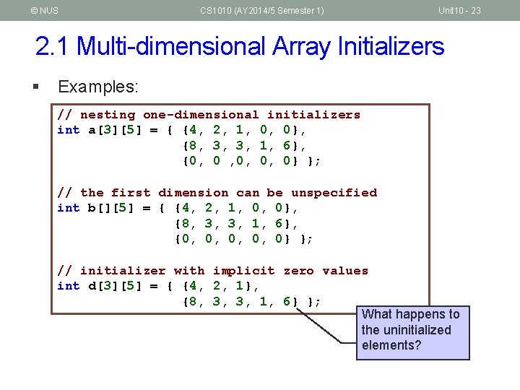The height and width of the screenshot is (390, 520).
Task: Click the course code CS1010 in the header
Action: click(217, 10)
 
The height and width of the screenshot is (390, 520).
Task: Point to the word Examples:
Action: click(98, 87)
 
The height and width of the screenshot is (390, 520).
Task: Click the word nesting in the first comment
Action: click(108, 115)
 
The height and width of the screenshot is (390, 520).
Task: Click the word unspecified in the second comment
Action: click(334, 193)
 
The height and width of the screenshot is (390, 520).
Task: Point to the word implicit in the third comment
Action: click(243, 271)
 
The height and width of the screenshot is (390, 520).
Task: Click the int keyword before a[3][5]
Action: click(69, 130)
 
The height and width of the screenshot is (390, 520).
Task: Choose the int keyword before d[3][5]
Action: click(69, 286)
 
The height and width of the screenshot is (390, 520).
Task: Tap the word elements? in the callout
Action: click(391, 346)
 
